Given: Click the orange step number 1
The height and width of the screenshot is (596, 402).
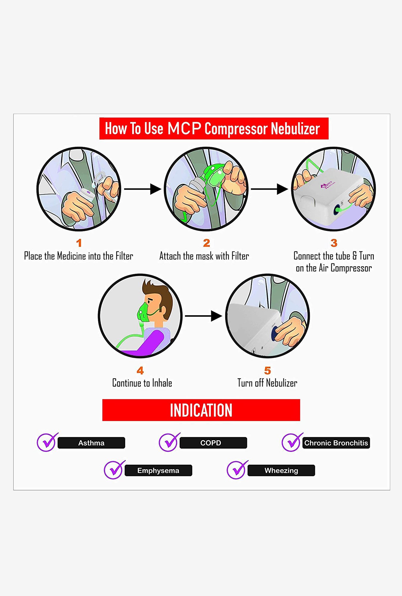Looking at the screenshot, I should click(x=79, y=243).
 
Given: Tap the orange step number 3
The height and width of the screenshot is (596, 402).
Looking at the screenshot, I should click(x=334, y=243).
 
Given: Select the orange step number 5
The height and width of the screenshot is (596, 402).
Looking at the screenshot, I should click(x=267, y=370).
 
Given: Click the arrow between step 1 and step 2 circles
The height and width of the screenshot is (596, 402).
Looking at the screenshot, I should click(x=143, y=189).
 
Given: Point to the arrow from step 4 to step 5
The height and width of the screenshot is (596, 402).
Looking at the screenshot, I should click(x=203, y=316).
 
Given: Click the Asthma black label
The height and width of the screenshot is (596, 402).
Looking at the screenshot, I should click(x=91, y=443).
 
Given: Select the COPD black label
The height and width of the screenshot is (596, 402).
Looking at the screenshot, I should click(x=213, y=443).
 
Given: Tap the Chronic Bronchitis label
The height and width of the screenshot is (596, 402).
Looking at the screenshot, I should click(x=336, y=443).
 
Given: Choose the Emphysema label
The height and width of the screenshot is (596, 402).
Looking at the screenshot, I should click(x=158, y=471).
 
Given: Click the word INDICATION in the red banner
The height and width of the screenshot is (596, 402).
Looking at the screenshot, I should click(x=201, y=410).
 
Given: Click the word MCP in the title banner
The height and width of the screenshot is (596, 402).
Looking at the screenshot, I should click(x=184, y=128).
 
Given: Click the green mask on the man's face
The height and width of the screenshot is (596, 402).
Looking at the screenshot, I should click(x=144, y=313).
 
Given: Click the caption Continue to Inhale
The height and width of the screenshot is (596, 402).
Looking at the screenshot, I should click(x=142, y=383).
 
